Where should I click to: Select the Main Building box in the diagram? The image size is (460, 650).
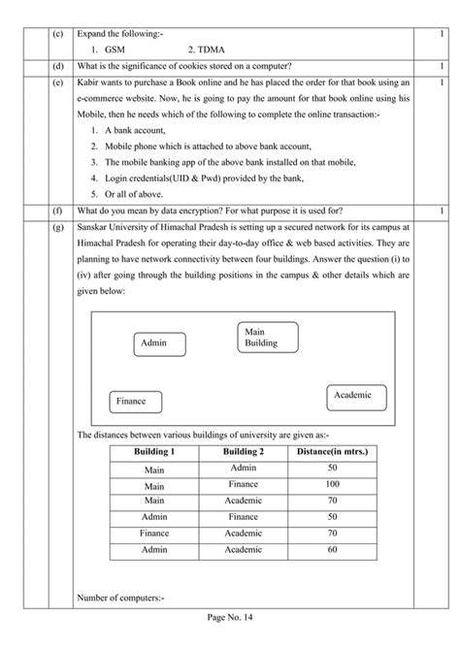pos(268,337)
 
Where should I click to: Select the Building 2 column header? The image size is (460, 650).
pos(243,452)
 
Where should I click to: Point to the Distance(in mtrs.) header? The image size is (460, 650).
pos(332,452)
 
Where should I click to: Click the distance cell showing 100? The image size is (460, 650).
pos(332,484)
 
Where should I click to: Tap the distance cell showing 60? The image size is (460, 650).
pos(332,550)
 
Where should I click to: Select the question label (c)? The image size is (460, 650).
pos(57,34)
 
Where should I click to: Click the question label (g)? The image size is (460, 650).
pos(57,226)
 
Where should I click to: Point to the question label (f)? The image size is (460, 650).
pos(57,211)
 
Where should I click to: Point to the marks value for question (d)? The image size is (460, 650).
pos(442,66)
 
